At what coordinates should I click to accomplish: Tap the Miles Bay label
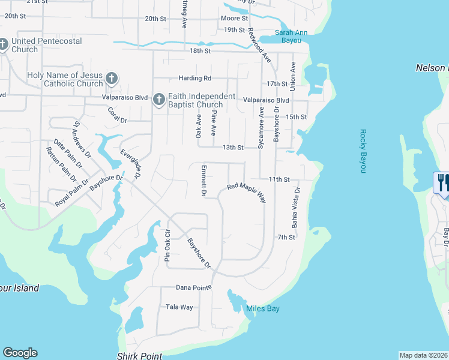click(x=263, y=309)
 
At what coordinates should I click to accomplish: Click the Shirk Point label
click(x=139, y=356)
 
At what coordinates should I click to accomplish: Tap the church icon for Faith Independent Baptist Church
click(x=158, y=100)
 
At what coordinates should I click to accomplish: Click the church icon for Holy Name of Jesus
click(x=111, y=79)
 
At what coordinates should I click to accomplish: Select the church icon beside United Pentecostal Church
click(x=4, y=45)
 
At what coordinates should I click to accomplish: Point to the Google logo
click(x=20, y=353)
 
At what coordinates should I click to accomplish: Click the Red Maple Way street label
click(x=246, y=191)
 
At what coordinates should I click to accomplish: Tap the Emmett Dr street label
click(x=203, y=181)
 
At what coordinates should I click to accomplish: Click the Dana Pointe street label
click(x=193, y=287)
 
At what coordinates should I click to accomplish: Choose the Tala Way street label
click(x=179, y=307)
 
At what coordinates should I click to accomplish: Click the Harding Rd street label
click(x=195, y=78)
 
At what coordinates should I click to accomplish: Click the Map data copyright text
click(x=423, y=355)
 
